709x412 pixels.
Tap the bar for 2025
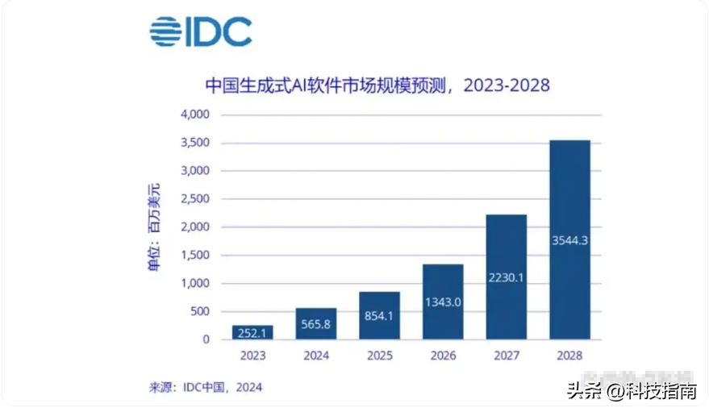click(379, 315)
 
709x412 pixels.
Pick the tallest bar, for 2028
click(569, 239)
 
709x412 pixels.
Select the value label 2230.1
click(507, 277)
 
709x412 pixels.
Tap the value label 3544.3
click(569, 239)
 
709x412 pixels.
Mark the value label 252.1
click(252, 333)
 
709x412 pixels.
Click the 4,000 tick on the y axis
click(194, 114)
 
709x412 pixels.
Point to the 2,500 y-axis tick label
click(194, 199)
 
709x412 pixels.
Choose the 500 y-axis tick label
click(198, 311)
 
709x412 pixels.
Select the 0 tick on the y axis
click(206, 339)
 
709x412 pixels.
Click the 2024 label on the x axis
click(316, 355)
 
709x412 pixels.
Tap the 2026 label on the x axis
click(443, 355)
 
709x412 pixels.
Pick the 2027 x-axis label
click(507, 355)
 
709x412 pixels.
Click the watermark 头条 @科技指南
click(632, 391)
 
